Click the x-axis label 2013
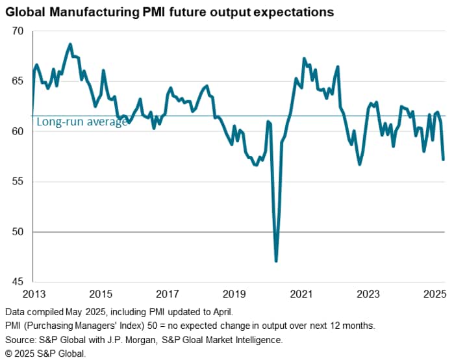click(x=33, y=293)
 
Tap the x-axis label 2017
click(x=168, y=293)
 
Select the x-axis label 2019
click(x=235, y=293)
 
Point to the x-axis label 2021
click(x=303, y=293)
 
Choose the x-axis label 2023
click(x=370, y=293)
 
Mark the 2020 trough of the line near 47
click(x=277, y=261)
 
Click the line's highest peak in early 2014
click(x=70, y=44)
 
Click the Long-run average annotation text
click(x=82, y=122)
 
